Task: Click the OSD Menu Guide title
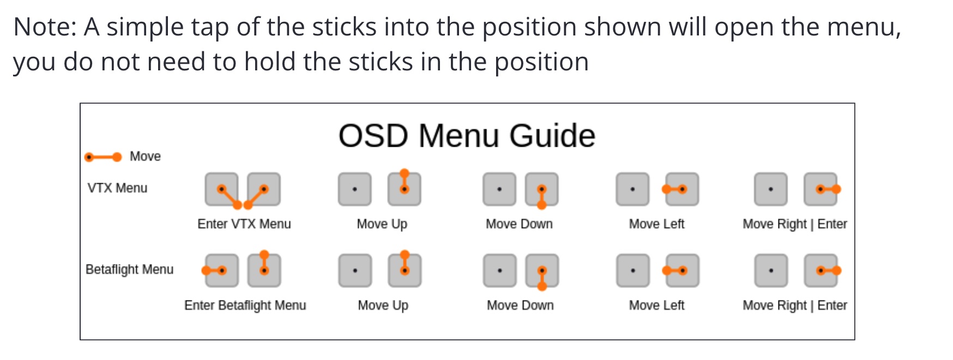[x=467, y=135]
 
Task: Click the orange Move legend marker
[x=103, y=157]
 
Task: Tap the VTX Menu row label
[x=117, y=188]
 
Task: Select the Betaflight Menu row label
[x=130, y=269]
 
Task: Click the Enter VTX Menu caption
[x=244, y=224]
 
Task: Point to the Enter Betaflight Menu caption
[x=245, y=305]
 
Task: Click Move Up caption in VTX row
[x=382, y=224]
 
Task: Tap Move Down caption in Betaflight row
[x=520, y=305]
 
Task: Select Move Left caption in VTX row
[x=656, y=224]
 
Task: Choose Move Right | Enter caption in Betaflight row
[x=795, y=305]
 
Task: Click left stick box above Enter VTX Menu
[x=221, y=189]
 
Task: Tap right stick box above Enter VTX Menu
[x=264, y=189]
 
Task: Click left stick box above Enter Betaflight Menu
[x=222, y=271]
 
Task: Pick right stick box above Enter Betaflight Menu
[x=264, y=271]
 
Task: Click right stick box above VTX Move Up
[x=404, y=189]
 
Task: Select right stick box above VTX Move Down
[x=541, y=189]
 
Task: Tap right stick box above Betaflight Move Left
[x=683, y=271]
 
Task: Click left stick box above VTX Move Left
[x=632, y=189]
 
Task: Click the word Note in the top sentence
[x=45, y=27]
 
